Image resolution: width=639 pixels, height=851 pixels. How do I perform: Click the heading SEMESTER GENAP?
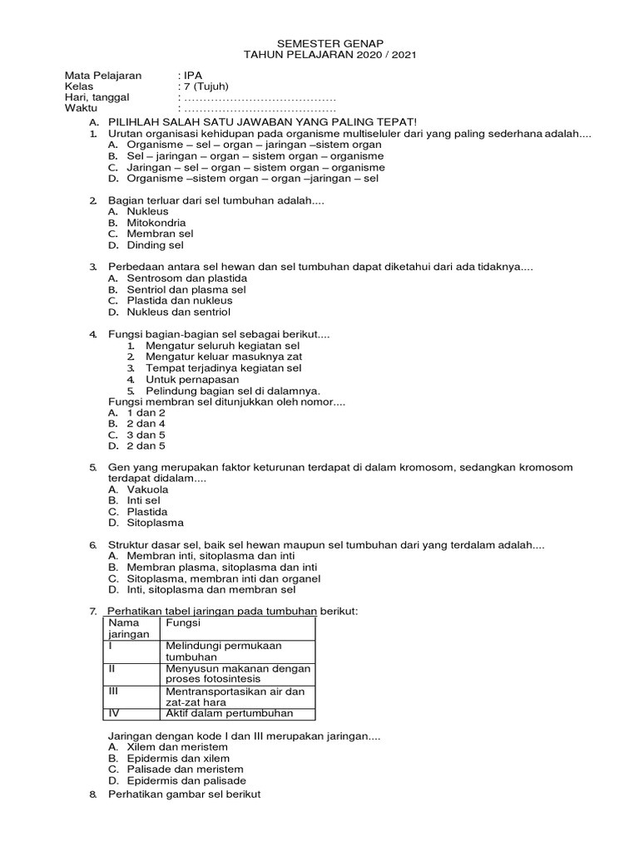click(319, 42)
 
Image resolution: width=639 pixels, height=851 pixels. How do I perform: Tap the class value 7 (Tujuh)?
click(206, 86)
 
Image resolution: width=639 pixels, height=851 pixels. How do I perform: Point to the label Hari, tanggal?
click(98, 98)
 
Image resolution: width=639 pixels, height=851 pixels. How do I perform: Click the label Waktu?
click(82, 110)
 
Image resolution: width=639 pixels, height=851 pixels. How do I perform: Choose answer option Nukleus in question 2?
click(147, 211)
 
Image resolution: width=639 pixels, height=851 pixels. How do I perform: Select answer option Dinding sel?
click(155, 245)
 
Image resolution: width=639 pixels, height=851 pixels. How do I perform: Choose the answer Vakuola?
click(147, 489)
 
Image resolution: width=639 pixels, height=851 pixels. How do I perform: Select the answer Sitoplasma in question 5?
click(155, 523)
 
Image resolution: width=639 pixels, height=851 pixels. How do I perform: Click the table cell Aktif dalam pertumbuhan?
click(229, 713)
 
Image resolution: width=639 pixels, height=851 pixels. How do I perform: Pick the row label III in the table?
click(116, 690)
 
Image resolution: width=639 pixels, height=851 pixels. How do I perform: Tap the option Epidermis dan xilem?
click(178, 758)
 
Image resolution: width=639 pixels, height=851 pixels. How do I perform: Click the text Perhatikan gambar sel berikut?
click(185, 794)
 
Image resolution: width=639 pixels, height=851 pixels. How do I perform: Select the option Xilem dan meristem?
click(177, 747)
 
